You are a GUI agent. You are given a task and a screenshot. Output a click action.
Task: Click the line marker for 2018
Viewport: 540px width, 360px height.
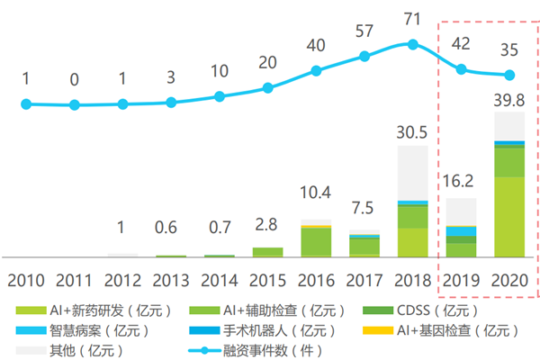coord(413,43)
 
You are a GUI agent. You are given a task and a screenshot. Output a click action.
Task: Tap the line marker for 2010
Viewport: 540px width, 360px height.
coord(26,104)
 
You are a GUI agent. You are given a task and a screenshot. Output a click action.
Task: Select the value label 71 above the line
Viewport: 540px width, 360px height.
coord(413,19)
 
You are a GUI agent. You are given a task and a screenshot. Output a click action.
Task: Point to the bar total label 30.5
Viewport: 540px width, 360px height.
coord(413,133)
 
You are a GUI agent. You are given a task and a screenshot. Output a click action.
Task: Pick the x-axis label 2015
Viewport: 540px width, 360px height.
coord(266,278)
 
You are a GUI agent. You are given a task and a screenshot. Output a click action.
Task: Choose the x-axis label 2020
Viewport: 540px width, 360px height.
coord(509,278)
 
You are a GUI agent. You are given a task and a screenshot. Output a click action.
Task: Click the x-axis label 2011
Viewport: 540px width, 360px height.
coord(74,278)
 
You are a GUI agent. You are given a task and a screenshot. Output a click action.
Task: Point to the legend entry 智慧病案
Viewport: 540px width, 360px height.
coord(81,330)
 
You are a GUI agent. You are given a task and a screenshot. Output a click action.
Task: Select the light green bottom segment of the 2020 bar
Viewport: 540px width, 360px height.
coord(510,217)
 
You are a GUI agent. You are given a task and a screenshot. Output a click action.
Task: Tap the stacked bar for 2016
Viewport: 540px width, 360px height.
coord(316,241)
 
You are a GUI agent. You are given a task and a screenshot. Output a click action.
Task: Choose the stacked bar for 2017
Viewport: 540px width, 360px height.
coord(364,246)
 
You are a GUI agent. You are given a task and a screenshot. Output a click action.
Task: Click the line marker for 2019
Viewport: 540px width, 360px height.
coord(462,69)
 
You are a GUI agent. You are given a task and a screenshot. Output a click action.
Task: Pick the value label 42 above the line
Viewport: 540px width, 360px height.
coord(462,45)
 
